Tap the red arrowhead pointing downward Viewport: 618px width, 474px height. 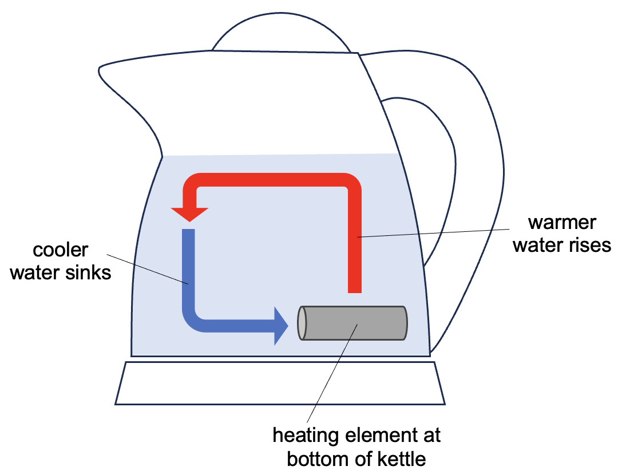(189, 214)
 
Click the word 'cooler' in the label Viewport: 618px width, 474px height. (61, 250)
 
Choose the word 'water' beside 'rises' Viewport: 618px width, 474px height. (536, 245)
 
